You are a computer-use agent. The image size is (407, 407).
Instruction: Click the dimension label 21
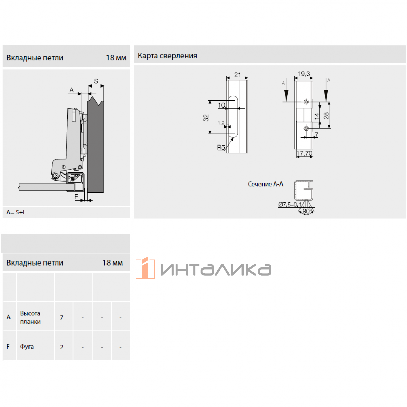pyautogui.click(x=238, y=75)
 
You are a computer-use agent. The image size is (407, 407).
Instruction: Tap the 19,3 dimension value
pyautogui.click(x=304, y=74)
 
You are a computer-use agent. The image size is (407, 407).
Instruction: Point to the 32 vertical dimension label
pyautogui.click(x=206, y=118)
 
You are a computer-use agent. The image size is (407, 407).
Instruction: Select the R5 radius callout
pyautogui.click(x=221, y=148)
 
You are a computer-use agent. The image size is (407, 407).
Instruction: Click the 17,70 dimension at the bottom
pyautogui.click(x=304, y=153)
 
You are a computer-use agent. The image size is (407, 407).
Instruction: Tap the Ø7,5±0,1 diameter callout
pyautogui.click(x=290, y=204)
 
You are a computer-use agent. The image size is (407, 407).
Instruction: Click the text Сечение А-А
pyautogui.click(x=265, y=184)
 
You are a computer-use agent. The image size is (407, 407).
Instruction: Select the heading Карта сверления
pyautogui.click(x=168, y=56)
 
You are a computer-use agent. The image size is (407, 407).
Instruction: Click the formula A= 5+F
pyautogui.click(x=16, y=212)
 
